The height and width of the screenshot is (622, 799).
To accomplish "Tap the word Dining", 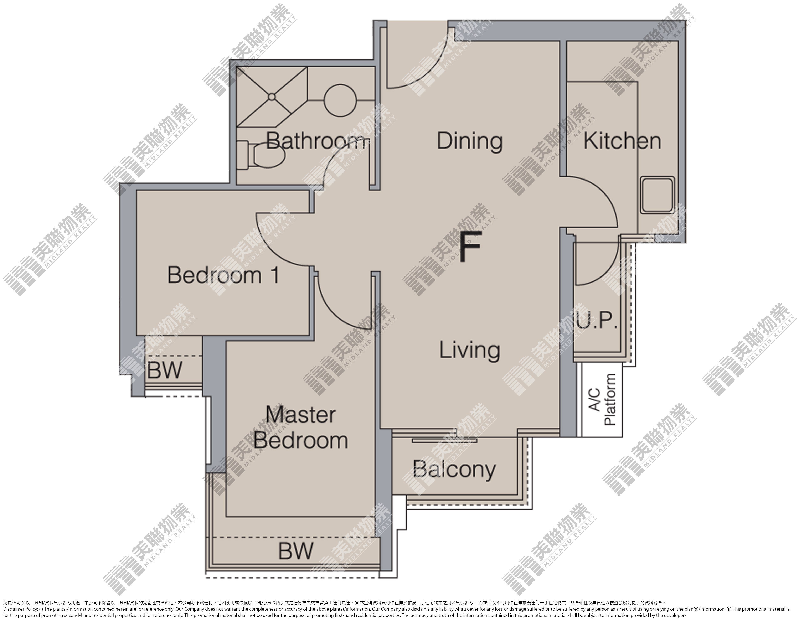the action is [x=470, y=141].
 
